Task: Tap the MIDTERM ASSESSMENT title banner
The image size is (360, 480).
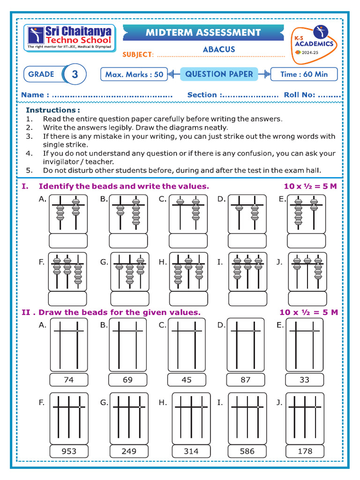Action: [x=203, y=33]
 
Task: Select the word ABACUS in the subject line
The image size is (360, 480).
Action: [x=219, y=49]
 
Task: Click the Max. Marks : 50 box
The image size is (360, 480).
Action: [x=134, y=74]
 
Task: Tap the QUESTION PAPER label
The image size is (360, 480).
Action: [x=219, y=74]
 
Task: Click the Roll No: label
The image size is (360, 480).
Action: [x=299, y=95]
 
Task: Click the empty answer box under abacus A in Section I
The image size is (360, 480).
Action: [x=68, y=241]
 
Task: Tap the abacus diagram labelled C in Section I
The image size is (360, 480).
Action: [x=187, y=213]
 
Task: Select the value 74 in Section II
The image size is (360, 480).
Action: [x=68, y=380]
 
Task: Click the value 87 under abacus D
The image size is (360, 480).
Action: [x=246, y=380]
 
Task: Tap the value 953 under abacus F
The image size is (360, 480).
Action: [x=68, y=451]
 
